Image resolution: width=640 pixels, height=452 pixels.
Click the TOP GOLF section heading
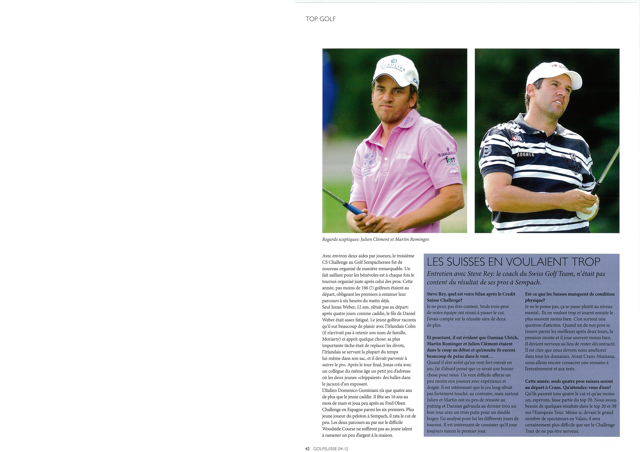(321, 19)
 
